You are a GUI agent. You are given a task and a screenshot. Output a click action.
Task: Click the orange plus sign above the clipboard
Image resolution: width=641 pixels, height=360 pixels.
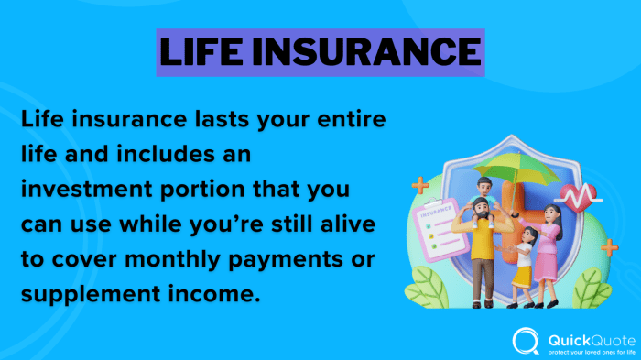point(420,187)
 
